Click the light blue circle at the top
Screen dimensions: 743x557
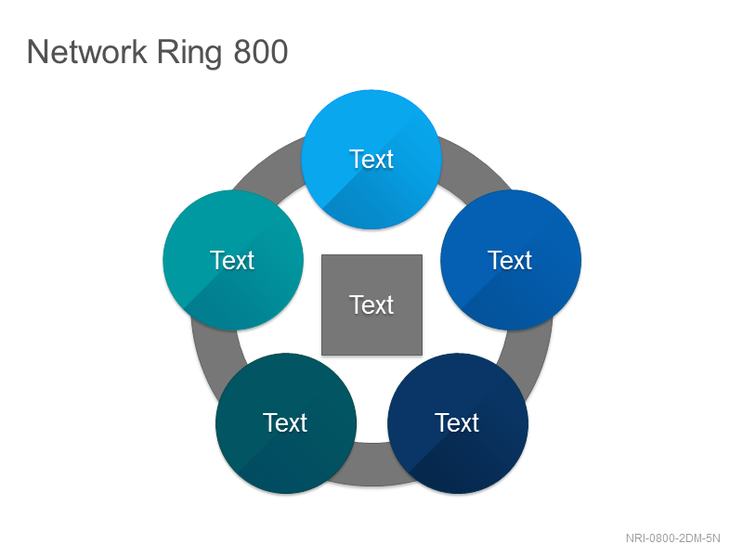point(371,159)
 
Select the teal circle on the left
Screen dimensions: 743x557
point(233,260)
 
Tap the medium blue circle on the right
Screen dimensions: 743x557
point(511,260)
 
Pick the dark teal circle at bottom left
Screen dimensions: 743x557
point(286,423)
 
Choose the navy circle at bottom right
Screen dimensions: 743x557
point(458,423)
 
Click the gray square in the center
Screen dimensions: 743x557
point(372,304)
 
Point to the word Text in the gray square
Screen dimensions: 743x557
point(372,304)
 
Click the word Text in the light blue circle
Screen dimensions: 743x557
point(372,159)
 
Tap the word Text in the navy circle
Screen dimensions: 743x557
point(457,422)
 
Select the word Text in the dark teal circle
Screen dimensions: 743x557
point(285,422)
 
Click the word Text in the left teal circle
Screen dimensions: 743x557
point(233,260)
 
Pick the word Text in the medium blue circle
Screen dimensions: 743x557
point(510,260)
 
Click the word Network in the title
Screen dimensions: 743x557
point(87,52)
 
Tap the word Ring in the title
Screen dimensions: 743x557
point(189,54)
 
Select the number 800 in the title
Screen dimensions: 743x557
point(261,52)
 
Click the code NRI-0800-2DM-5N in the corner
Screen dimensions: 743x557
point(672,538)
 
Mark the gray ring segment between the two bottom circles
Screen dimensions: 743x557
point(372,465)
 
